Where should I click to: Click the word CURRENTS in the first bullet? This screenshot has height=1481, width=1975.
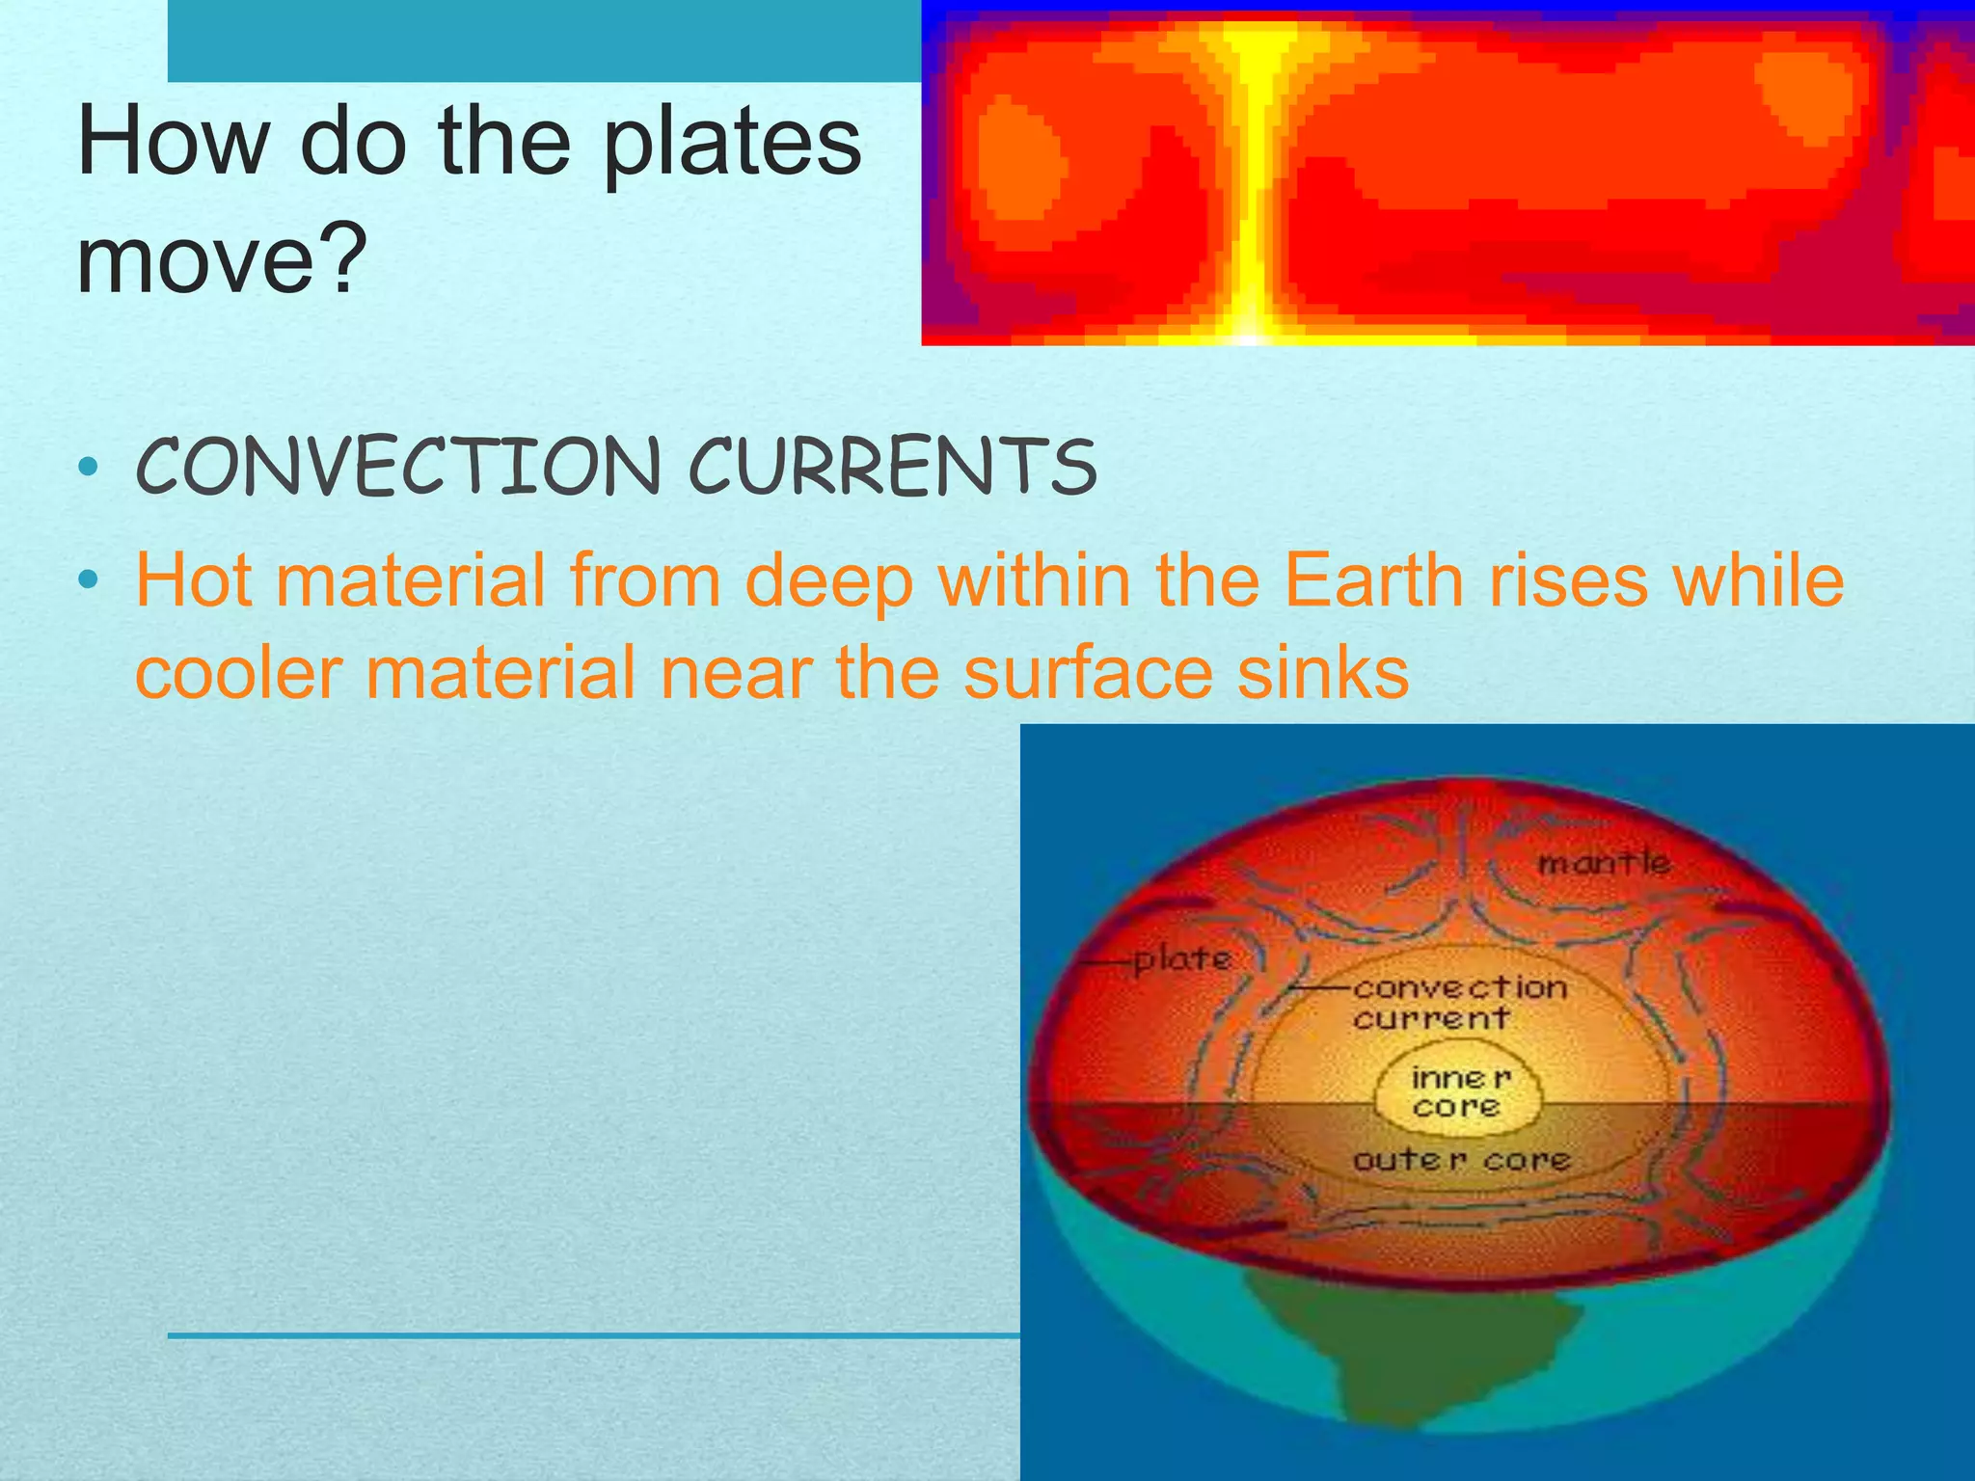(892, 467)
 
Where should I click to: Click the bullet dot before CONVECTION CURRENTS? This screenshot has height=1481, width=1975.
(89, 469)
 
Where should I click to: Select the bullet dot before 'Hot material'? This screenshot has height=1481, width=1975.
(89, 580)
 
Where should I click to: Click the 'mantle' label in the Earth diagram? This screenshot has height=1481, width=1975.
(1604, 862)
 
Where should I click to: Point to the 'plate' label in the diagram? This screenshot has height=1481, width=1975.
(1182, 959)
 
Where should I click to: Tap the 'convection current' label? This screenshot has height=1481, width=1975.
(1459, 1002)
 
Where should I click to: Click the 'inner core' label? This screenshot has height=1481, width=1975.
(1459, 1091)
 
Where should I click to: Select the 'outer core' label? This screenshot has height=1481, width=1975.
(1462, 1160)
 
